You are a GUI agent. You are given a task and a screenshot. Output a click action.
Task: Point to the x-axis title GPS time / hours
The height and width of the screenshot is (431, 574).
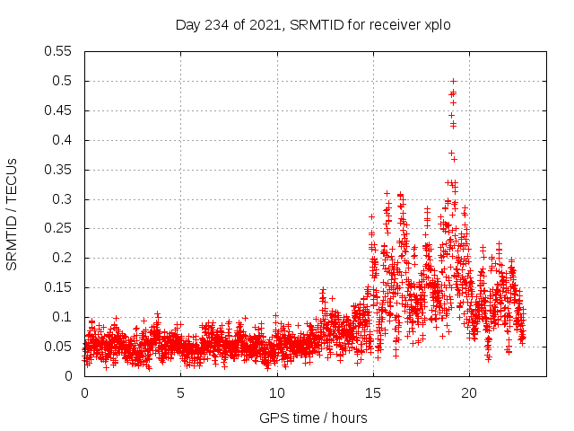coord(313,418)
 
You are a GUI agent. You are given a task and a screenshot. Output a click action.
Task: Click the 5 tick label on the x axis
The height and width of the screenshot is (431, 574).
coord(180,392)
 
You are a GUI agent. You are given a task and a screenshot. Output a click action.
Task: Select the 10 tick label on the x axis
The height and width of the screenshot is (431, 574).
coord(276,392)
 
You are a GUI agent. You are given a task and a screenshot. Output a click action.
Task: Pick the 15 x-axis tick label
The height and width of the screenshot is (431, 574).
coord(372,392)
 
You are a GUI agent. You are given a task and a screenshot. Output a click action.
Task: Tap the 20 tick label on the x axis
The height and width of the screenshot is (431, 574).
coord(468,392)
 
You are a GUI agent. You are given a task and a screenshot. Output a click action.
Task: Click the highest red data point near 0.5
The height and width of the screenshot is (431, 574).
coord(453,81)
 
